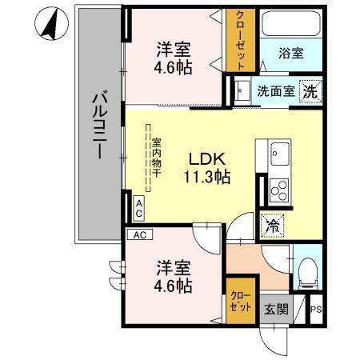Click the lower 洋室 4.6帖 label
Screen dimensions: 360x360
tap(173, 274)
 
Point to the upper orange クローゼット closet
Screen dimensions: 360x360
tap(238, 40)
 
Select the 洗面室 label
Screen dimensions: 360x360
tap(274, 91)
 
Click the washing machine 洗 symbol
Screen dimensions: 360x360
tap(309, 91)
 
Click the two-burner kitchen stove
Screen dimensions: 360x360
tap(280, 190)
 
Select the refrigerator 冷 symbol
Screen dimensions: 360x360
tap(272, 226)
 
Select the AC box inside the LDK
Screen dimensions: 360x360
tap(138, 210)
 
